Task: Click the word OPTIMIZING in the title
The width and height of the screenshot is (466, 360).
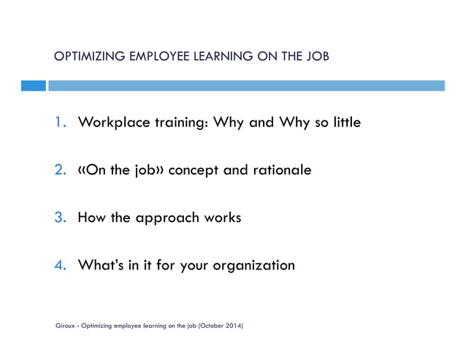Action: [80, 56]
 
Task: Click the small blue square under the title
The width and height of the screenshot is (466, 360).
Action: [33, 85]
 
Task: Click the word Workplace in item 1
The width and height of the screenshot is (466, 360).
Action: [112, 123]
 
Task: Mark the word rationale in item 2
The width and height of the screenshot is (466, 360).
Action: [280, 170]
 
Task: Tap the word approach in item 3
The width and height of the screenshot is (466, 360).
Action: [169, 218]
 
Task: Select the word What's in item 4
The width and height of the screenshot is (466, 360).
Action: [101, 265]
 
